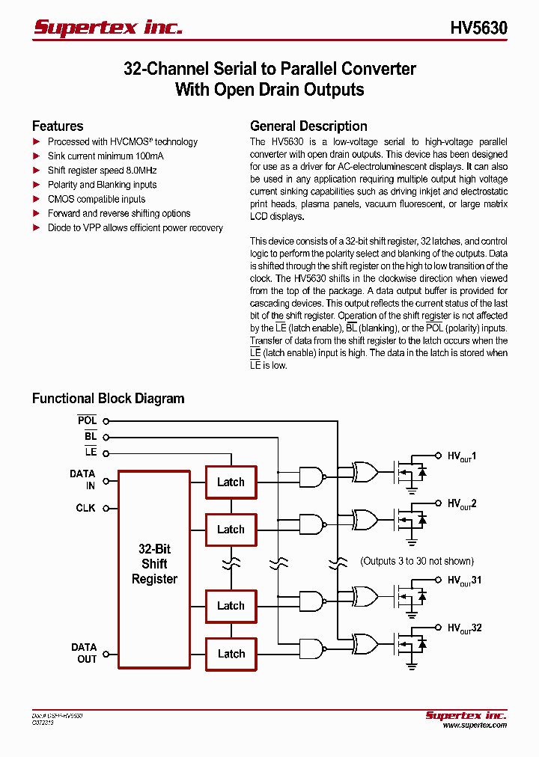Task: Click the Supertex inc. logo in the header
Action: click(x=108, y=28)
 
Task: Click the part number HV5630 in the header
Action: click(x=478, y=28)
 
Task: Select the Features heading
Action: click(x=58, y=126)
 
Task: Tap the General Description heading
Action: click(x=308, y=126)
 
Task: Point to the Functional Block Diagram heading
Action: click(x=108, y=399)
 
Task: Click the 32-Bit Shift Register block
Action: click(x=154, y=564)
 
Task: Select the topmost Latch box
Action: click(x=231, y=482)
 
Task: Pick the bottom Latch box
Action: click(x=231, y=654)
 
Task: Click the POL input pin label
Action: click(x=87, y=421)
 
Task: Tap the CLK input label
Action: click(x=85, y=508)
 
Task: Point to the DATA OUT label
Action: click(x=84, y=653)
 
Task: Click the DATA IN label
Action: click(x=82, y=479)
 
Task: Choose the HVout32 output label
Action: click(x=464, y=629)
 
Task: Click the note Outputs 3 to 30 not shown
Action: click(x=417, y=561)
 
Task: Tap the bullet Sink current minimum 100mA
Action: click(x=106, y=156)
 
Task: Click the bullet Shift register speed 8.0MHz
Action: click(x=102, y=171)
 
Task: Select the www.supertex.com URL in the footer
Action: click(x=474, y=725)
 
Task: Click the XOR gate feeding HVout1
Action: click(x=366, y=471)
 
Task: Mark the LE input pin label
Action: click(x=91, y=453)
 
